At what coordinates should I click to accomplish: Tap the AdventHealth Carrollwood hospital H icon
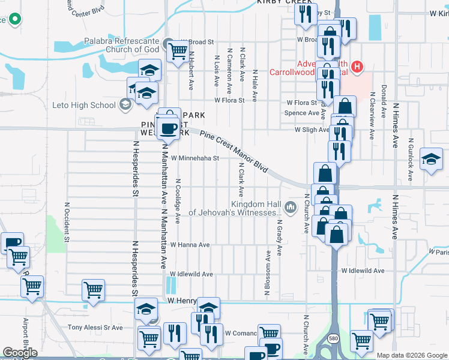point(358,65)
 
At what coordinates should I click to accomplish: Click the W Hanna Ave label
point(190,245)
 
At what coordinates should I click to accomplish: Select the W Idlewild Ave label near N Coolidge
point(191,274)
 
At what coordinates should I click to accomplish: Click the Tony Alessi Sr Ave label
point(95,328)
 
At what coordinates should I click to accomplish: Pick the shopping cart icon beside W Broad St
point(177,52)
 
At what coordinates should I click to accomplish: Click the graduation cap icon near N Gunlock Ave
point(431,159)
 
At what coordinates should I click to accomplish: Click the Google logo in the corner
point(20,353)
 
